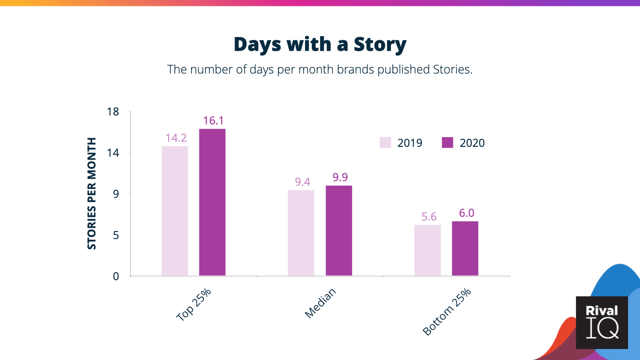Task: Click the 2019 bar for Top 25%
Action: (175, 211)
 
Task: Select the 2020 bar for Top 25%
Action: (212, 202)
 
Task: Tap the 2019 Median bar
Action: (301, 233)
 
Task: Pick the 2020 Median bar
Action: (339, 231)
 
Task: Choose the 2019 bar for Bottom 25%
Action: (427, 250)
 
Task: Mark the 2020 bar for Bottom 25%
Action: (465, 248)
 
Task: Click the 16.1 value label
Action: (212, 121)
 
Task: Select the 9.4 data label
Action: (301, 182)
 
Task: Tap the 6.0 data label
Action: (465, 214)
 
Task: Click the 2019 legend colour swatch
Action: (385, 143)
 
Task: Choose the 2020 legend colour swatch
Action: (448, 143)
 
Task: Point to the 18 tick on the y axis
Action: (113, 112)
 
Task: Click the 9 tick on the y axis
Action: (116, 194)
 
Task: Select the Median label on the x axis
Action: (320, 303)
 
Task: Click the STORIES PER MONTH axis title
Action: (92, 193)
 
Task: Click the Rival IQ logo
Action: (602, 322)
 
